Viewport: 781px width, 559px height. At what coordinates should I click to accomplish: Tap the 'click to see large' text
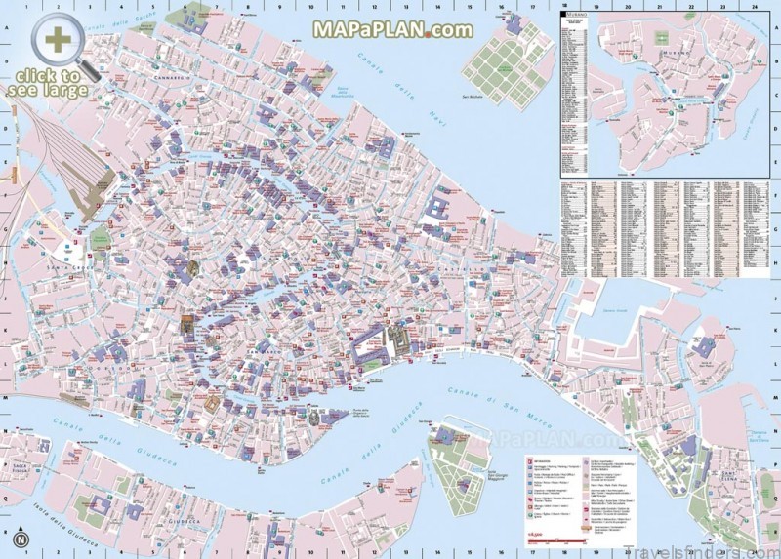pos(49,82)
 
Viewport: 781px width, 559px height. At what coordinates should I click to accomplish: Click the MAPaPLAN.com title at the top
pos(392,28)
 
